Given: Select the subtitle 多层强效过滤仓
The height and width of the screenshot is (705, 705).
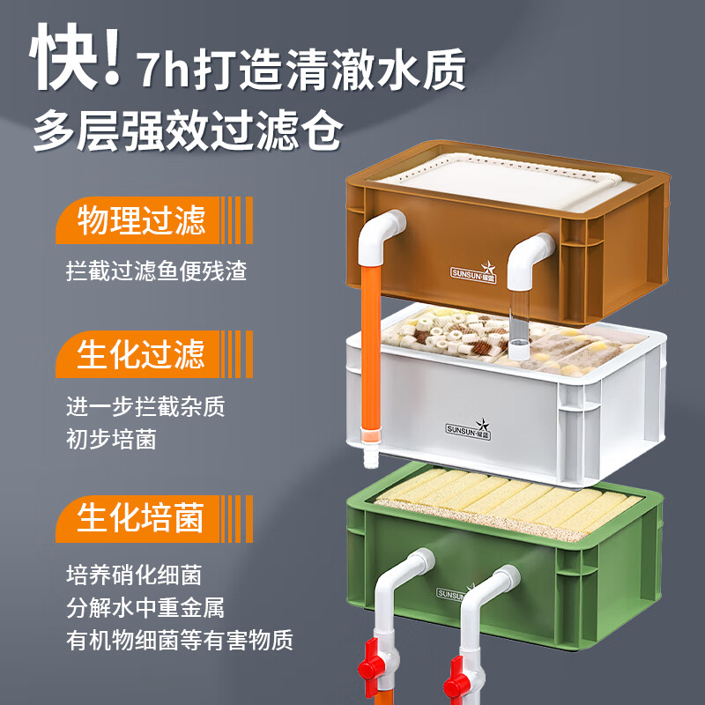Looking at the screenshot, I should pos(188,133).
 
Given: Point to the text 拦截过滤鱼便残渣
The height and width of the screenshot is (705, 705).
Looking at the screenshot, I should pos(156,270).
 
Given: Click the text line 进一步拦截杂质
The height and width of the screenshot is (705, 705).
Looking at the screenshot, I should pos(145,407).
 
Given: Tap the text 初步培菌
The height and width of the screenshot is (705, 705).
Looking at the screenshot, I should pos(111,438).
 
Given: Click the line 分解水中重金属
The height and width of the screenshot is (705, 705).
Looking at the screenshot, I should pos(145,607).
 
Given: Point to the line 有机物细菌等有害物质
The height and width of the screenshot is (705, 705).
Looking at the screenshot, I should pos(179,639).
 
